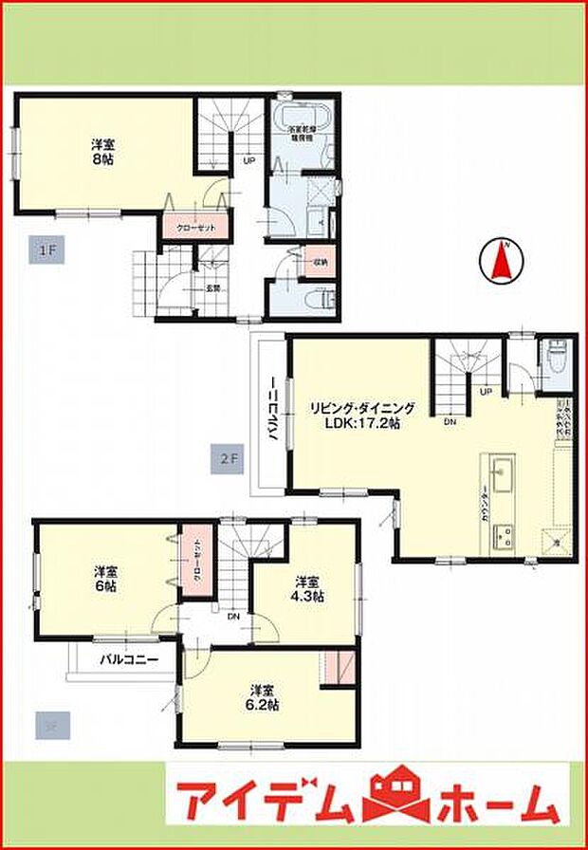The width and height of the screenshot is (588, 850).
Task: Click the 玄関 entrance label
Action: tap(213, 288)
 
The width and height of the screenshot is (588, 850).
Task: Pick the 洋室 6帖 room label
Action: tap(105, 581)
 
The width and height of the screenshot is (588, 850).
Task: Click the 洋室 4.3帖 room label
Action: tap(307, 589)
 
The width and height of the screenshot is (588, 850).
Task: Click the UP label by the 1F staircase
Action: tap(249, 160)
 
